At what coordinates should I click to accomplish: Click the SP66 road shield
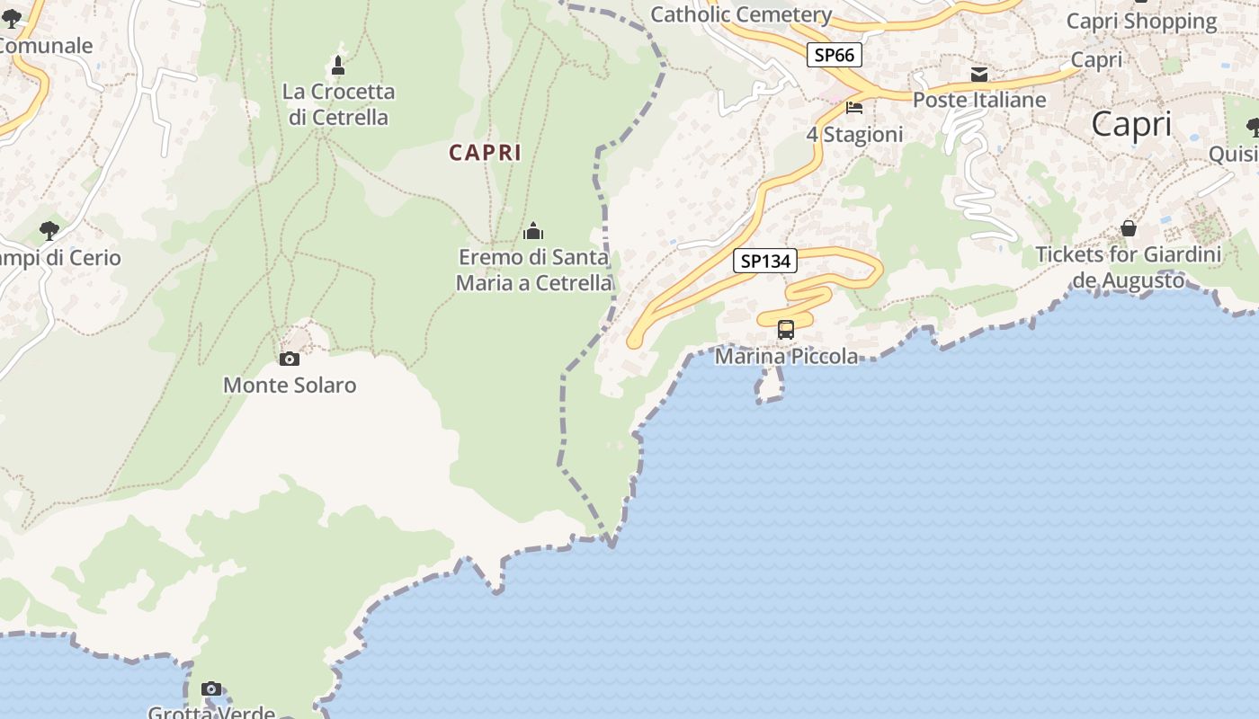[x=834, y=56]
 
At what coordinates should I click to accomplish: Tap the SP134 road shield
[x=765, y=262]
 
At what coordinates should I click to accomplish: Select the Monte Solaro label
[x=290, y=386]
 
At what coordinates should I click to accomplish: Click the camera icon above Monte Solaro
[x=290, y=359]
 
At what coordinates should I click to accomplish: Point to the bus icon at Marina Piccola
[x=786, y=330]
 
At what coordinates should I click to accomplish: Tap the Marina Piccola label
[x=787, y=357]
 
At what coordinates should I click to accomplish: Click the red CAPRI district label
[x=486, y=153]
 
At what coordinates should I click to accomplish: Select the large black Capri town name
[x=1131, y=125]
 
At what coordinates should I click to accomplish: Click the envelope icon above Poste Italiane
[x=979, y=75]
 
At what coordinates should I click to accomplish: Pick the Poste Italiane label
[x=979, y=100]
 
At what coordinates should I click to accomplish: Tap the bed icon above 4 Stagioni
[x=854, y=108]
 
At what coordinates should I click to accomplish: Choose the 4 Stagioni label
[x=854, y=135]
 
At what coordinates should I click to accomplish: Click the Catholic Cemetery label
[x=741, y=14]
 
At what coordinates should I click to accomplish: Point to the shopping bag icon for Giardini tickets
[x=1129, y=228]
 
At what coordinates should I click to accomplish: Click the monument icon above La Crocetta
[x=338, y=66]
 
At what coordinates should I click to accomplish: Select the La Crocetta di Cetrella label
[x=338, y=104]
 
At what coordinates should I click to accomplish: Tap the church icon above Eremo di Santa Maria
[x=533, y=232]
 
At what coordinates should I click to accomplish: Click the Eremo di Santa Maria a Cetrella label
[x=534, y=270]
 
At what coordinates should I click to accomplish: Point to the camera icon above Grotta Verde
[x=211, y=689]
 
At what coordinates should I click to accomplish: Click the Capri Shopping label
[x=1141, y=21]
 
